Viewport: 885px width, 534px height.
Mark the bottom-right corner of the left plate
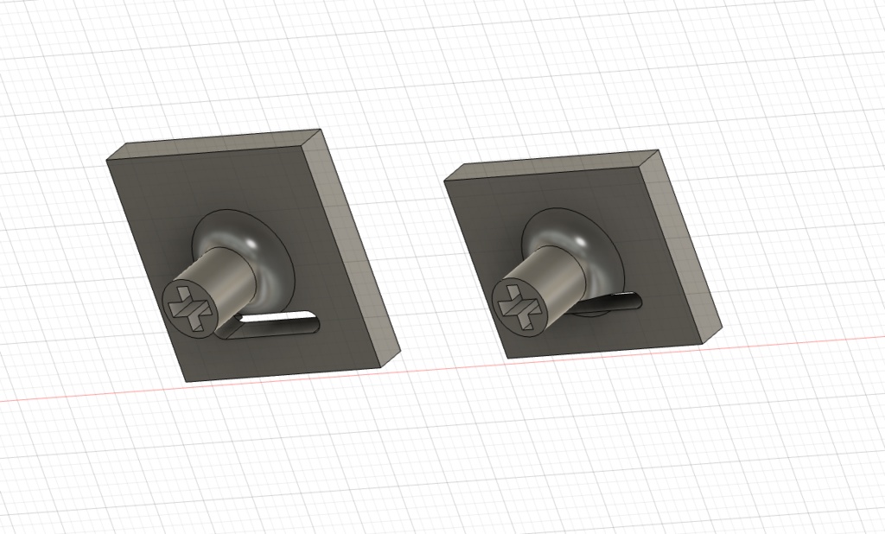coord(381,367)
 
